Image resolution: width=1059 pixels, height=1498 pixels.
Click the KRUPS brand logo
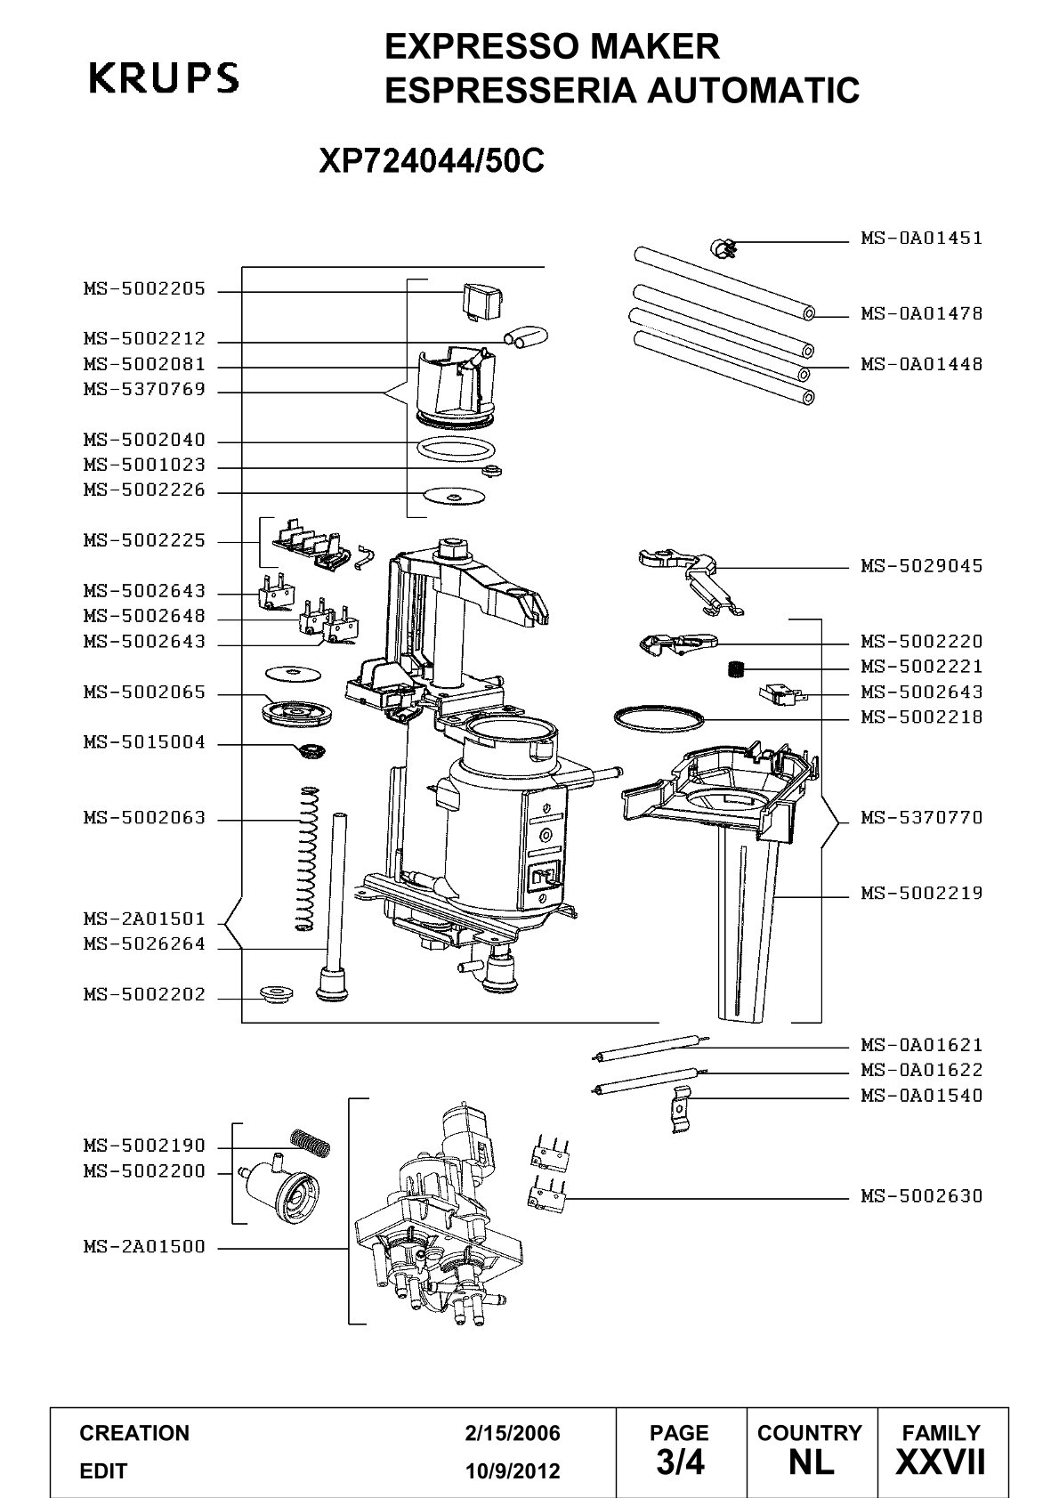(x=164, y=77)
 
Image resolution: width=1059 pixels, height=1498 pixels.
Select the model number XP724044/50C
(x=432, y=160)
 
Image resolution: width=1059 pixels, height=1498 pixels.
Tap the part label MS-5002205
(x=144, y=289)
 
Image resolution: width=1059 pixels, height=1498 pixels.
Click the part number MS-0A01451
(x=921, y=238)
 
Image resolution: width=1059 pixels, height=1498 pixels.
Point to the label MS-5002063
(x=144, y=817)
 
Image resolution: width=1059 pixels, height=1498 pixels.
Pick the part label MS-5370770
(x=921, y=817)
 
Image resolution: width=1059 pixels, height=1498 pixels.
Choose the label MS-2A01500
(x=144, y=1246)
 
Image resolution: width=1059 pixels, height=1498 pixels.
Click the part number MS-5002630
(x=921, y=1195)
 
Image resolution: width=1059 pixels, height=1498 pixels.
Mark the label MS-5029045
(x=921, y=566)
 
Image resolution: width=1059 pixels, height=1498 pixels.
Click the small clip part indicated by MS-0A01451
(x=723, y=248)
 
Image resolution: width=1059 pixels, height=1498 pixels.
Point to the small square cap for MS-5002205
(x=481, y=300)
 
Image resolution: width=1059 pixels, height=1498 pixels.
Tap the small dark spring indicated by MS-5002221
(x=735, y=668)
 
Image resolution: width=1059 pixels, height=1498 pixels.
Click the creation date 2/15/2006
(x=513, y=1433)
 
